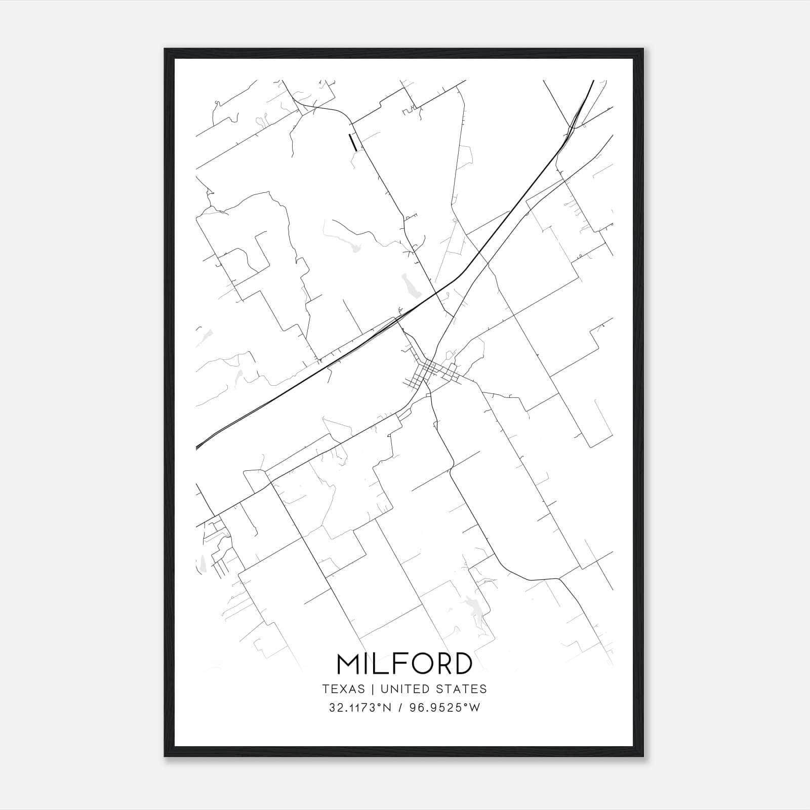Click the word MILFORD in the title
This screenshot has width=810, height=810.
point(404,664)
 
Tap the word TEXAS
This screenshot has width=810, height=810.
point(343,689)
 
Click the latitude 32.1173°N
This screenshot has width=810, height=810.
point(360,708)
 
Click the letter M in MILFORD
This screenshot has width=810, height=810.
point(349,664)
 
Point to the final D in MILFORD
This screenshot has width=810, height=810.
point(463,664)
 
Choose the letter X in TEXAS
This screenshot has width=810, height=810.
point(344,689)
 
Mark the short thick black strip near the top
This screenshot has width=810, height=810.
point(353,142)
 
